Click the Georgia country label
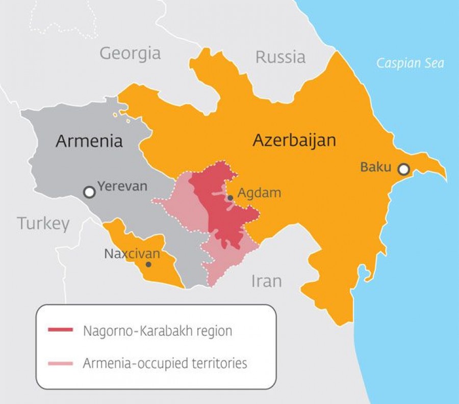tap(130, 53)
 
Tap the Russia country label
tap(280, 57)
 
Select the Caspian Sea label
tap(410, 63)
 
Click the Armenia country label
tap(89, 141)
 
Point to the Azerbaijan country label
tap(294, 140)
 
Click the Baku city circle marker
tap(403, 169)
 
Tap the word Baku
tap(375, 167)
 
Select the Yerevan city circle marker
tap(90, 192)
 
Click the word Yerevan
tap(122, 186)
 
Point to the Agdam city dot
tap(230, 198)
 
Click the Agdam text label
tap(260, 193)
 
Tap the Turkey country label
tap(43, 223)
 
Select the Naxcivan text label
tap(132, 253)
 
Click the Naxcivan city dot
tap(148, 264)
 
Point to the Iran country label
tap(266, 281)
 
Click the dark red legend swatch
tap(60, 330)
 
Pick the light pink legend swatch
tap(60, 363)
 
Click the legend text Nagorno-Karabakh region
tap(157, 331)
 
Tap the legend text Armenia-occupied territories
tap(165, 363)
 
